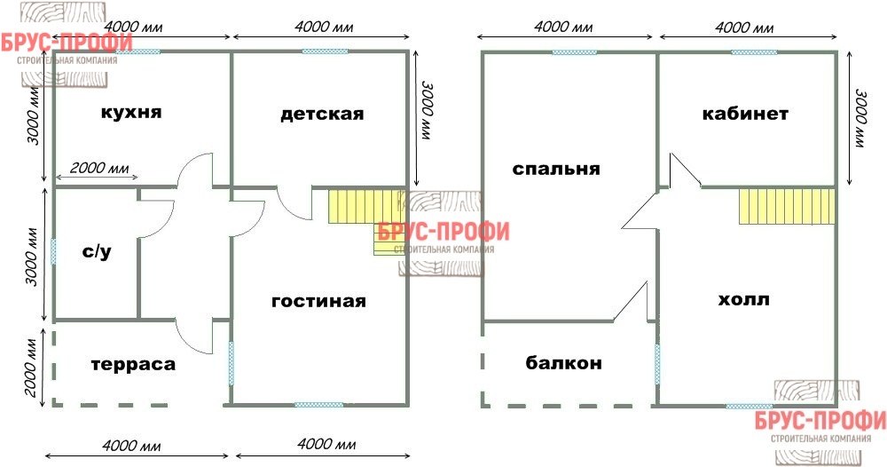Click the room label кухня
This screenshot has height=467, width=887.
(x=131, y=113)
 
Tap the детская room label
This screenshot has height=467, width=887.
(x=322, y=115)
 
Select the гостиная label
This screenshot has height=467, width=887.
(x=319, y=301)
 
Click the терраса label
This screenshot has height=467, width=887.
(x=134, y=365)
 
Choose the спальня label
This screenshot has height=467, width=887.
(x=556, y=170)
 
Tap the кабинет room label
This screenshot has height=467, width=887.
(x=745, y=114)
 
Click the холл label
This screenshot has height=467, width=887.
(x=743, y=299)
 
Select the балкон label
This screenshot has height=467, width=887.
(x=563, y=363)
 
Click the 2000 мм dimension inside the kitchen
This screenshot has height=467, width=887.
(x=99, y=168)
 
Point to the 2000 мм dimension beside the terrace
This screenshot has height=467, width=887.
(x=32, y=367)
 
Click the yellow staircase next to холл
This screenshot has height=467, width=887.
(x=787, y=207)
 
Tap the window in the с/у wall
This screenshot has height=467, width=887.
(x=54, y=251)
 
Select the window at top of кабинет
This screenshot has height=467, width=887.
(x=754, y=52)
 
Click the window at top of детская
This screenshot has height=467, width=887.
(x=325, y=51)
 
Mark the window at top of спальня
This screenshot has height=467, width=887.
(x=574, y=52)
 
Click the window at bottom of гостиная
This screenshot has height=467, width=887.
(x=318, y=405)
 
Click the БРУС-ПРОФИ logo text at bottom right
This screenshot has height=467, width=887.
(x=820, y=421)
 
